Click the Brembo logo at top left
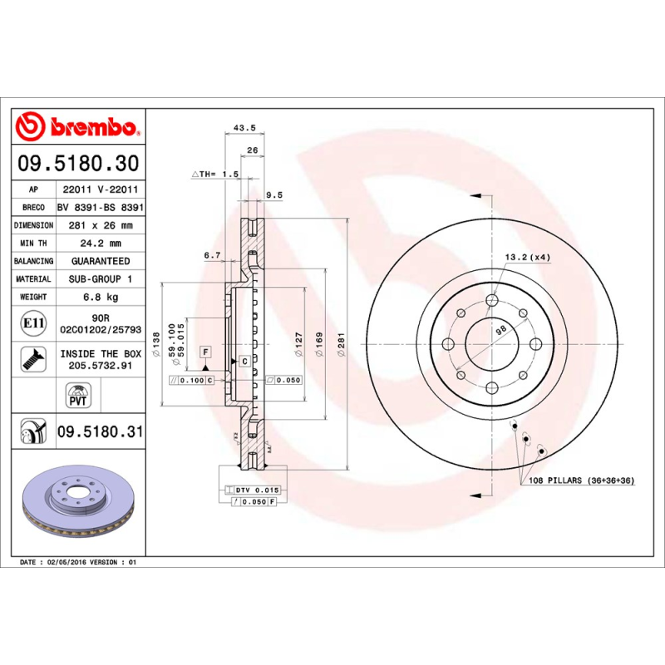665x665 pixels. point(76,126)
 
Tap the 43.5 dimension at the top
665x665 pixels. point(244,128)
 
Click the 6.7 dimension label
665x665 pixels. point(212,256)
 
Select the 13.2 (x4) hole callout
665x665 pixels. point(528,258)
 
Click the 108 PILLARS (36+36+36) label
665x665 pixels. point(579,480)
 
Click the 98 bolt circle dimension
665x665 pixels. point(500,330)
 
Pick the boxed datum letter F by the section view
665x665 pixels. point(204,352)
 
